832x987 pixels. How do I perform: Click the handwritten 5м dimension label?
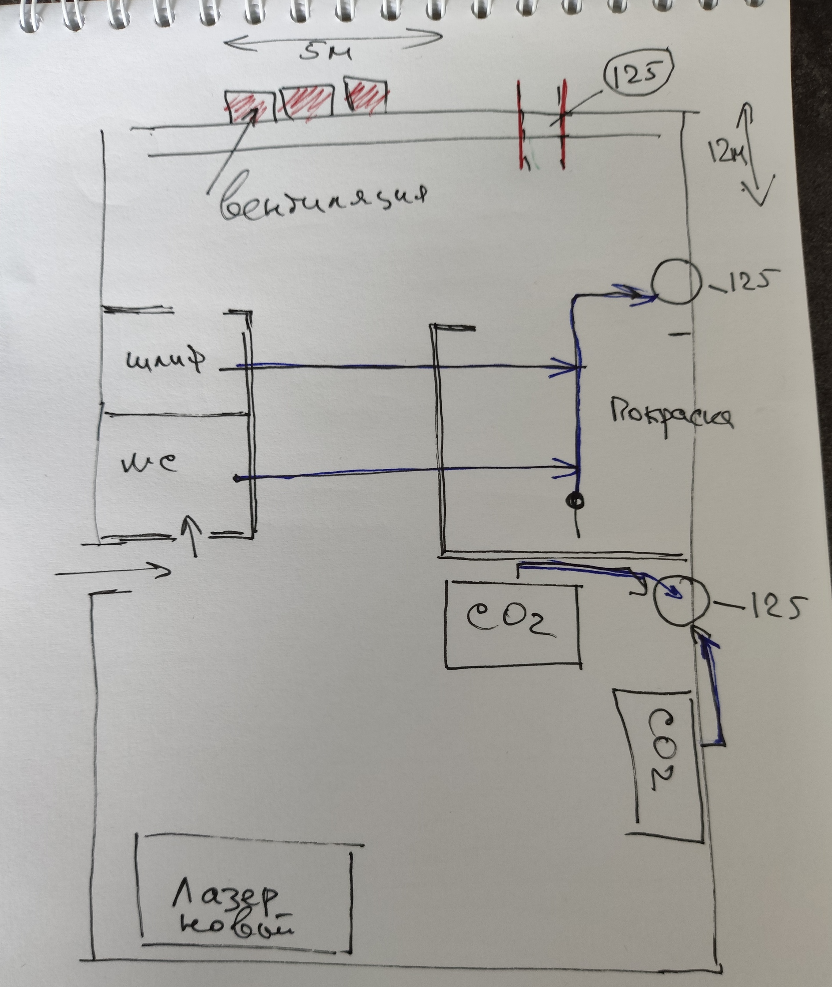pos(325,53)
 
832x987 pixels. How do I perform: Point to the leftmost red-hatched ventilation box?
pos(250,106)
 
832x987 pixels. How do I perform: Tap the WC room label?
pos(150,463)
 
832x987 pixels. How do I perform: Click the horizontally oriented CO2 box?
pos(513,625)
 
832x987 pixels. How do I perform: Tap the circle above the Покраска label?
pos(675,282)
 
